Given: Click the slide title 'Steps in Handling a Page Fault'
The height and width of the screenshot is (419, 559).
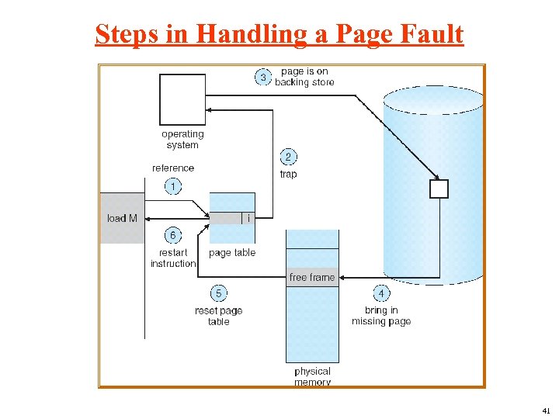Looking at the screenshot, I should pos(279,34).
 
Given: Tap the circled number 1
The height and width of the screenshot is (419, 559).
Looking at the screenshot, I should pos(173,186).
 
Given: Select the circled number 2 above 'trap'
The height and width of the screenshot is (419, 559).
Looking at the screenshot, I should pos(288,157).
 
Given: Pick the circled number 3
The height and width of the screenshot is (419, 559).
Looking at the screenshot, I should pos(264,77).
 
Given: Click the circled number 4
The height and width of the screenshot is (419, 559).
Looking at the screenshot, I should pos(381,293).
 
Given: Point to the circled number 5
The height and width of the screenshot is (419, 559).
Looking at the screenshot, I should pos(219,293).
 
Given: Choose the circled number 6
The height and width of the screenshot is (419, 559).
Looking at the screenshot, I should pos(173,235).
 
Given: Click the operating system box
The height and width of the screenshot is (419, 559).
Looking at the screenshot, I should pos(182,99).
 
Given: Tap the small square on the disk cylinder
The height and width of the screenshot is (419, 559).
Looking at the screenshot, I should pos(439,189).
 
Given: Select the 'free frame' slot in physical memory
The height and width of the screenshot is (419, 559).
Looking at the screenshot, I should pos(312,278).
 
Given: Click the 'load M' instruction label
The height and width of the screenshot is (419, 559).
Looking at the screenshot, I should pos(122,218).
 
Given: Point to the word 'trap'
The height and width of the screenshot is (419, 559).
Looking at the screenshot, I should pos(288,174).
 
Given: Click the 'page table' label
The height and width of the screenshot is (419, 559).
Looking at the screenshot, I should pos(232,253).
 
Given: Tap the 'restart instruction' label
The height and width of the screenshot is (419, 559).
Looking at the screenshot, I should pos(173,258).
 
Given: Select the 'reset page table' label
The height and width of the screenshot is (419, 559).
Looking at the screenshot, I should pos(219,316).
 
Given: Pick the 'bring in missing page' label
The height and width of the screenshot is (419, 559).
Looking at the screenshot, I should pos(381,316).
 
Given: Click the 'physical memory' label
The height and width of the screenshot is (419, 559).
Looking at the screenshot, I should pos(312,376).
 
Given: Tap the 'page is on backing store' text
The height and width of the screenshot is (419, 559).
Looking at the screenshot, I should pos(304,77).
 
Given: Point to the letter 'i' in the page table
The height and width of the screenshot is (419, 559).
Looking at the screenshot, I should pos(248,218).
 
